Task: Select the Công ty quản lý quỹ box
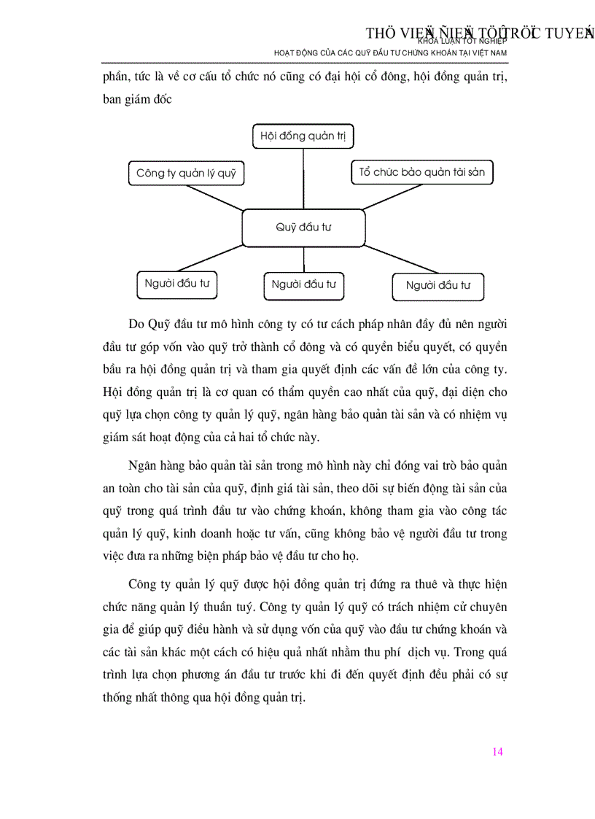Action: coord(186,174)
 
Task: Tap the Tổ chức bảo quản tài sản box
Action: coord(422,173)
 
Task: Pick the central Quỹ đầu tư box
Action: coord(303,228)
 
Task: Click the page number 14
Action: coord(498,752)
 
